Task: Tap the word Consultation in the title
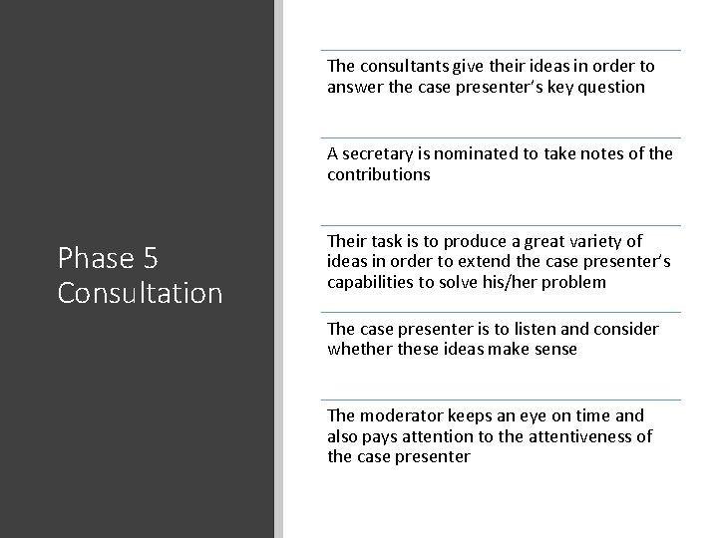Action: (140, 294)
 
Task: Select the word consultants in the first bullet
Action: (401, 67)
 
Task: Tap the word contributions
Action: (378, 175)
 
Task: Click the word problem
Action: (570, 283)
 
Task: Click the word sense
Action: (555, 350)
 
